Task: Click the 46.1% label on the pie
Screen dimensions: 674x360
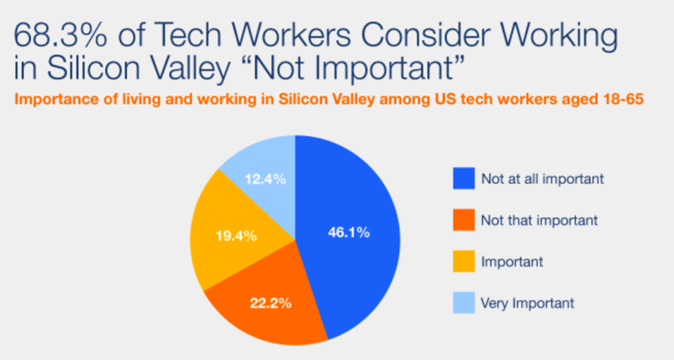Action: click(x=349, y=232)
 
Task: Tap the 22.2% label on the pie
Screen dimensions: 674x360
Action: click(x=271, y=303)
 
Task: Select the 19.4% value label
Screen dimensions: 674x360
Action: click(x=236, y=236)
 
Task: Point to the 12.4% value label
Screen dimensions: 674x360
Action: click(x=265, y=179)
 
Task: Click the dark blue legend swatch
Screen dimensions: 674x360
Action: click(x=464, y=178)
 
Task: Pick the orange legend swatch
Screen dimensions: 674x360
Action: click(x=464, y=220)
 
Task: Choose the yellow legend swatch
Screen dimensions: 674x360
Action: click(x=464, y=261)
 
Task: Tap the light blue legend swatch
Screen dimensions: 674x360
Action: click(x=464, y=303)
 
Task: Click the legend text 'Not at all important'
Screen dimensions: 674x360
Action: click(x=542, y=179)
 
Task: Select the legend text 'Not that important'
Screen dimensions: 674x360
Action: click(x=540, y=220)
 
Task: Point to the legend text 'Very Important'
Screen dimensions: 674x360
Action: click(x=527, y=303)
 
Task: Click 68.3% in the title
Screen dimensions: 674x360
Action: click(x=60, y=34)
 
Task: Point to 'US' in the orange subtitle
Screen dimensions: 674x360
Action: click(x=444, y=99)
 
